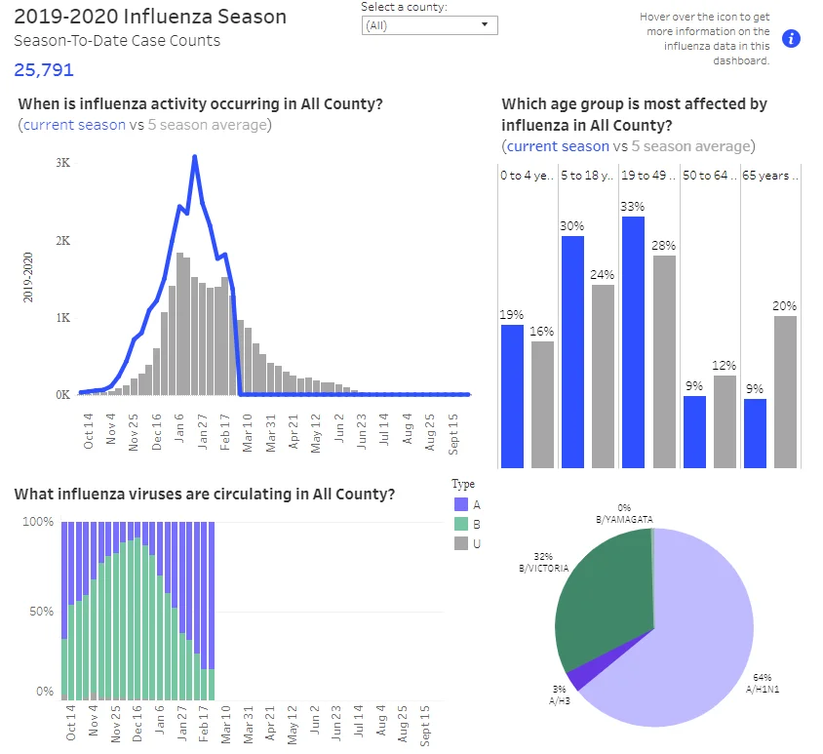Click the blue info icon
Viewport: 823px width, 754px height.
pyautogui.click(x=791, y=38)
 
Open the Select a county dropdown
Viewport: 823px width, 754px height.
pyautogui.click(x=429, y=25)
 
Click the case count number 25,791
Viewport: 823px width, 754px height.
pyautogui.click(x=44, y=70)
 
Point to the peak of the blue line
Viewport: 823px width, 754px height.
pyautogui.click(x=195, y=156)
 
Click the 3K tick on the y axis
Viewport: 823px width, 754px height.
pyautogui.click(x=63, y=163)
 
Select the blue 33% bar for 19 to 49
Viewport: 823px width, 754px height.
pyautogui.click(x=633, y=342)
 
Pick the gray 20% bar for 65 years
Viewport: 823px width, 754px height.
pyautogui.click(x=785, y=392)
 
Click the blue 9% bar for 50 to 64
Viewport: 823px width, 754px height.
pyautogui.click(x=694, y=432)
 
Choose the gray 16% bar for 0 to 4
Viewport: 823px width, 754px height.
pyautogui.click(x=542, y=405)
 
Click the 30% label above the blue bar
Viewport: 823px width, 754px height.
pyautogui.click(x=572, y=225)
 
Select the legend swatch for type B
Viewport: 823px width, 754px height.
pyautogui.click(x=461, y=524)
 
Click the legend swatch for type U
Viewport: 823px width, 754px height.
pyautogui.click(x=461, y=543)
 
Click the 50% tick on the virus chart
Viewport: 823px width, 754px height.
pyautogui.click(x=42, y=612)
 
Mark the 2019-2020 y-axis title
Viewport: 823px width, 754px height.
pyautogui.click(x=28, y=277)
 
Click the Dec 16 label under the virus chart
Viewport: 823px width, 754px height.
pyautogui.click(x=137, y=723)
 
